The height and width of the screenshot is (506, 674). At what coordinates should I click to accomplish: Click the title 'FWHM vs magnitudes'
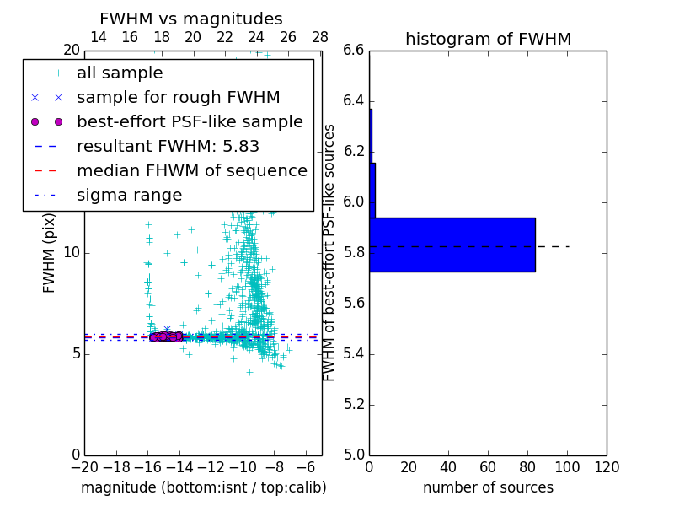click(x=191, y=19)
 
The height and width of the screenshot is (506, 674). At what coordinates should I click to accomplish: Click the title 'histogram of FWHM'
click(x=488, y=39)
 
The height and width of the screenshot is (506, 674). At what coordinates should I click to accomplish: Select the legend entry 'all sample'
click(x=120, y=73)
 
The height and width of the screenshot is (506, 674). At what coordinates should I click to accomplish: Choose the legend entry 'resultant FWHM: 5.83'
click(x=168, y=146)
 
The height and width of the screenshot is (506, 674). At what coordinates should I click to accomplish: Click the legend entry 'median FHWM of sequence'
click(x=191, y=170)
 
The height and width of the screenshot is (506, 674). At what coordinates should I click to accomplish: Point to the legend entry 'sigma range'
click(x=129, y=195)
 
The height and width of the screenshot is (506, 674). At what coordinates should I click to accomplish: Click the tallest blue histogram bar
click(x=452, y=245)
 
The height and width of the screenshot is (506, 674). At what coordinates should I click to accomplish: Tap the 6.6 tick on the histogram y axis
click(x=353, y=51)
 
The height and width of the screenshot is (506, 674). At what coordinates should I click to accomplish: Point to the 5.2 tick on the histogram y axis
click(x=353, y=404)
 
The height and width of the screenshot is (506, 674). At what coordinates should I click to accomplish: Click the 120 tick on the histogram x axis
click(x=607, y=467)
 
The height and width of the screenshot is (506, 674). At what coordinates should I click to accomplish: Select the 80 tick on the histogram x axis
click(x=527, y=467)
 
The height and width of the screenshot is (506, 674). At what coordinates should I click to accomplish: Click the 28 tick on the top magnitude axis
click(x=320, y=37)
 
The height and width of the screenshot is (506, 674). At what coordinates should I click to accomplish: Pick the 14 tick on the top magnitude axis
click(x=98, y=37)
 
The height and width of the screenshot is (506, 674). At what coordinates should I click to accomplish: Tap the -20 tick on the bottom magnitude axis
click(x=84, y=467)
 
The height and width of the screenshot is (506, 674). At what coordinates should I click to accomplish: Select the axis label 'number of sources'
click(x=488, y=487)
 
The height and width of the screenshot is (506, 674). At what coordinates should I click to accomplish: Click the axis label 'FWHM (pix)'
click(x=50, y=252)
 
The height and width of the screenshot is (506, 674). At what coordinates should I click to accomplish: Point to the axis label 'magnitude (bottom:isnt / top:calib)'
click(x=203, y=487)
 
